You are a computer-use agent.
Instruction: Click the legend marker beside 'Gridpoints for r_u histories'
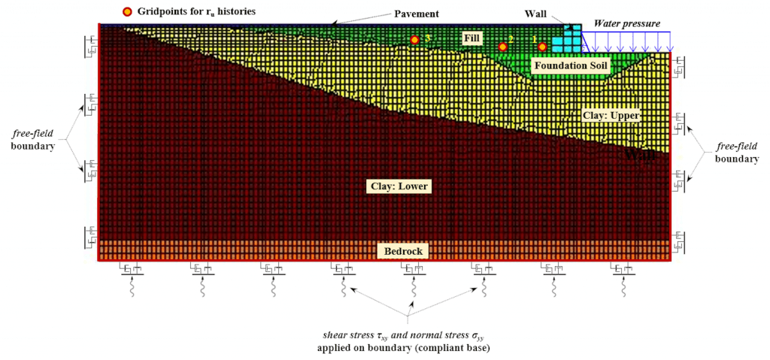(128, 11)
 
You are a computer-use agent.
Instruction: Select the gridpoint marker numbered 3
(414, 39)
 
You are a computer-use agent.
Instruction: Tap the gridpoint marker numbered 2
(503, 47)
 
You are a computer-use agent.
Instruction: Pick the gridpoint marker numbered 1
(542, 47)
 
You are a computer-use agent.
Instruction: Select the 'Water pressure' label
(627, 23)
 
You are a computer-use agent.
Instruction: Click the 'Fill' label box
(471, 37)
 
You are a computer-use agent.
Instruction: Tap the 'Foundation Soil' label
(570, 66)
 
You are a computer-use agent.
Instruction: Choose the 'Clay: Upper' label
(611, 116)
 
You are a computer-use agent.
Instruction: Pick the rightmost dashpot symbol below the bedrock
(623, 270)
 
